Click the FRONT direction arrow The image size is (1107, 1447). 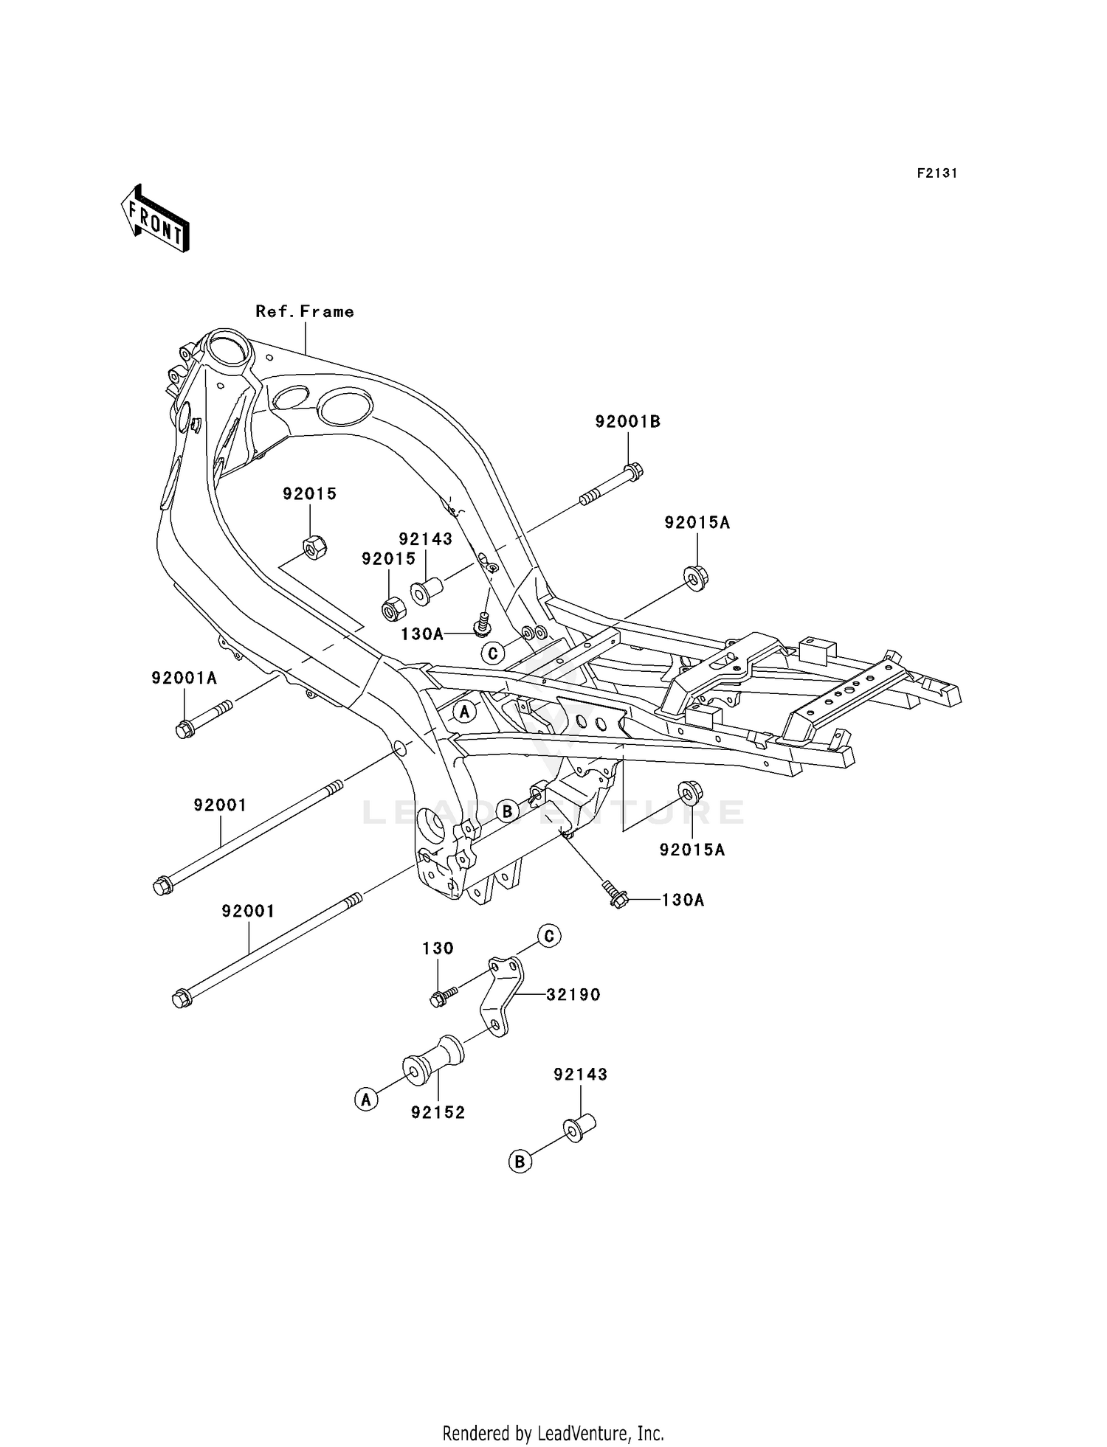click(155, 219)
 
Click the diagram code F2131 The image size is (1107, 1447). click(937, 173)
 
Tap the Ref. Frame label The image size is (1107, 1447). click(305, 312)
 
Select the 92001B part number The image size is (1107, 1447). click(628, 422)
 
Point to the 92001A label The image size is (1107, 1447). click(184, 678)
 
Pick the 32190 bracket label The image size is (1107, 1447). click(573, 995)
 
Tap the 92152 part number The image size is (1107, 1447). click(438, 1113)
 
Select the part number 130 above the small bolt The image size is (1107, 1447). click(438, 948)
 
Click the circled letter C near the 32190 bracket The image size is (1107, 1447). click(549, 936)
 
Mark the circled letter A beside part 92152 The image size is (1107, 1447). click(366, 1100)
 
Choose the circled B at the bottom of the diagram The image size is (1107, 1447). click(520, 1162)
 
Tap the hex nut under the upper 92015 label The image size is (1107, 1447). click(315, 548)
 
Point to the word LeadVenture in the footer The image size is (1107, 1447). click(582, 1433)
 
